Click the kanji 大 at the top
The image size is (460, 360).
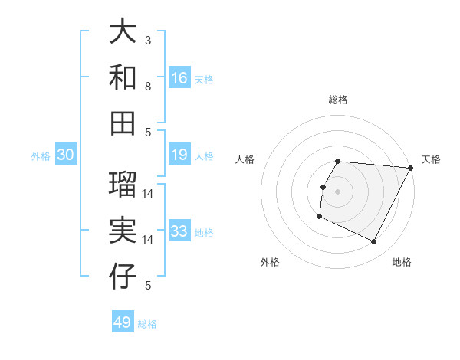coord(123,33)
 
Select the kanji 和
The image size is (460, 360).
coord(123,77)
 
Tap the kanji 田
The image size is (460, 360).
coord(123,122)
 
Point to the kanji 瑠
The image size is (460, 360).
coord(123,185)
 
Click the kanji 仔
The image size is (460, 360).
coord(123,277)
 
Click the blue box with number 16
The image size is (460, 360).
coord(179,78)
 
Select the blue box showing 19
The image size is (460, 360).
coord(179,155)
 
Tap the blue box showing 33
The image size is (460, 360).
coord(179,231)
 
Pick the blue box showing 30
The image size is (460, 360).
coord(65,155)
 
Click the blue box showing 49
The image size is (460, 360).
coord(123,322)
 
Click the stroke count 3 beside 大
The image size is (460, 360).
coord(148,40)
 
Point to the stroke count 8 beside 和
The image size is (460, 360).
coord(148,86)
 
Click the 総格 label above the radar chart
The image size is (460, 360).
coord(338,100)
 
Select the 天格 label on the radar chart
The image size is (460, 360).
coord(432,159)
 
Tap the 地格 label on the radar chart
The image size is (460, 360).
coord(402,262)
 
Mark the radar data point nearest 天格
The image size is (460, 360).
coord(411,168)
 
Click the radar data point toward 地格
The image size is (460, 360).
coord(374,242)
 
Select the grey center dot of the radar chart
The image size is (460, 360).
coord(338,191)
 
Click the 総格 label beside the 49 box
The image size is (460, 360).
coord(148,323)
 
